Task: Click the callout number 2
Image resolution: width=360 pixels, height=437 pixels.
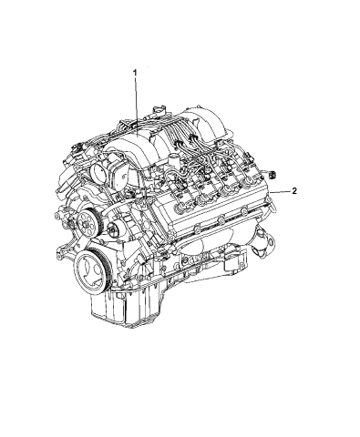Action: tap(293, 192)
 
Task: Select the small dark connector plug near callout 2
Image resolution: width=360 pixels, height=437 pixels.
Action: tap(273, 174)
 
